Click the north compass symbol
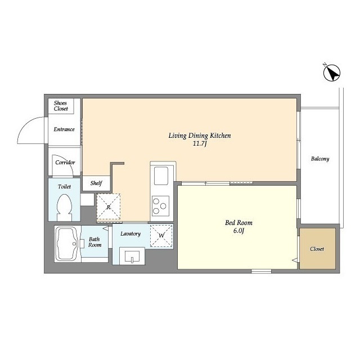coord(332,73)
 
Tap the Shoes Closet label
coord(61,106)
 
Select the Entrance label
coord(64,129)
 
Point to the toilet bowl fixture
coord(64,208)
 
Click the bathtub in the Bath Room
coord(67,244)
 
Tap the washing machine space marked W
coord(161,236)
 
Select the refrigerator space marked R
coord(109,206)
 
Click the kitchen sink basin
coord(161,175)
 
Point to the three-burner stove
coord(160,206)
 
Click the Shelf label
coord(96,183)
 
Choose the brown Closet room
coord(317,249)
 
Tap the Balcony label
coord(320,159)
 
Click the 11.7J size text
coord(200,144)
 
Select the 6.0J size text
coord(238,231)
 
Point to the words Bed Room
coord(238,223)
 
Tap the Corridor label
coord(65,163)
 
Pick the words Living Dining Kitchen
coord(200,136)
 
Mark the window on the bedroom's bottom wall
coord(261,271)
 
